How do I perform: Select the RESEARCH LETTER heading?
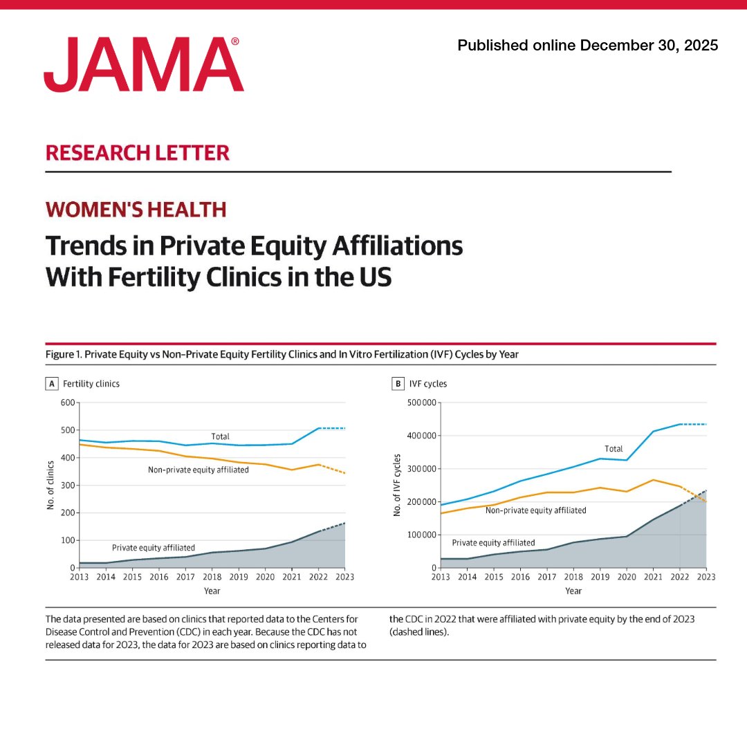[137, 152]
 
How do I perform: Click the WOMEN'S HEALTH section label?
[136, 209]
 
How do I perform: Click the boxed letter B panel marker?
[398, 383]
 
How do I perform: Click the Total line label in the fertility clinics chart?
[220, 436]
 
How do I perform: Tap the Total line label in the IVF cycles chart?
[614, 449]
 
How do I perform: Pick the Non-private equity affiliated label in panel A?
[198, 470]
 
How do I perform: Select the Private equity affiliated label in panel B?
[493, 543]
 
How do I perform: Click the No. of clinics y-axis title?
[50, 484]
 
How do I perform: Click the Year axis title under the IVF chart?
[573, 591]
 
